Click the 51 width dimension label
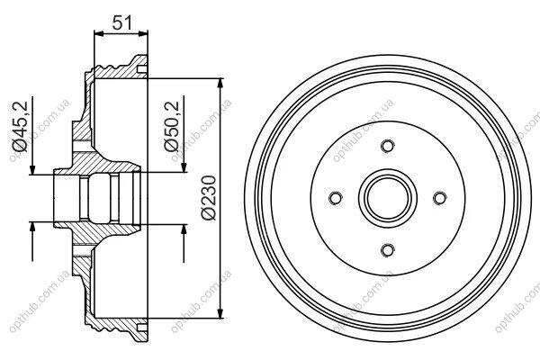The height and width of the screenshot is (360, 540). click(122, 22)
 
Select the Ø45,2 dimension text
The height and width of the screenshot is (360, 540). click(20, 126)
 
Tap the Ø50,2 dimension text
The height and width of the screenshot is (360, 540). click(172, 126)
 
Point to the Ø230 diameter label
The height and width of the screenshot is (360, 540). click(209, 197)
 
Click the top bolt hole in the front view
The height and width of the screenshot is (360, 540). click(387, 146)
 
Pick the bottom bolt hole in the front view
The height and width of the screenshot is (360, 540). click(387, 250)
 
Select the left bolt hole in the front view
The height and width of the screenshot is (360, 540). click(336, 198)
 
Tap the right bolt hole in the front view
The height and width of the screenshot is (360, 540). click(439, 198)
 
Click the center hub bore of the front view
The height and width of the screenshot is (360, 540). click(387, 198)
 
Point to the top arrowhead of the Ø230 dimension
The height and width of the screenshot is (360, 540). click(220, 84)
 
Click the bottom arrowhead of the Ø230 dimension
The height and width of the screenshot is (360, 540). click(220, 313)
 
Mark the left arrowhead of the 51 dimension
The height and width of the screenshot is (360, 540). click(99, 33)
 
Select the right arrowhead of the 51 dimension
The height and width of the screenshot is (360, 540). click(143, 33)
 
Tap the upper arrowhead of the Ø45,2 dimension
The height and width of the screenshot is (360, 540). click(32, 170)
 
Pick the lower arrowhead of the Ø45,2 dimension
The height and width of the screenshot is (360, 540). click(32, 228)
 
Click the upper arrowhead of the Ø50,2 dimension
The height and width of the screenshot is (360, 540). click(184, 167)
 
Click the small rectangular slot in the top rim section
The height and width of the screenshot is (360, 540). click(142, 69)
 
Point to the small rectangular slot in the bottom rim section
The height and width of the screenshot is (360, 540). click(142, 327)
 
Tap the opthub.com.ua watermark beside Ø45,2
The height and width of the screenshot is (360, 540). click(40, 130)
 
